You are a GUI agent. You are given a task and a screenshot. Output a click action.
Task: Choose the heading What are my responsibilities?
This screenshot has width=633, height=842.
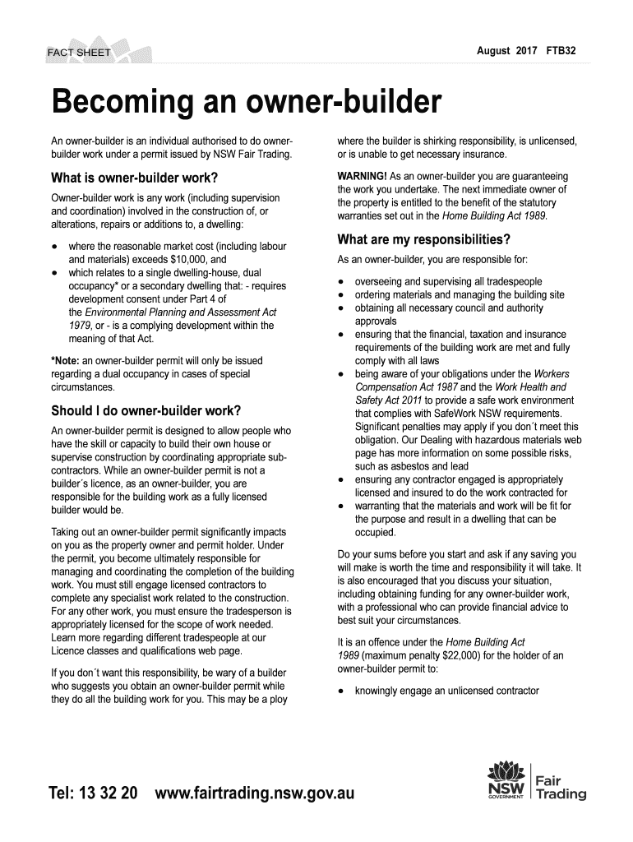tap(424, 240)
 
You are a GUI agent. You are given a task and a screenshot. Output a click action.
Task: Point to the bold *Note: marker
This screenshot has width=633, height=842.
tap(65, 360)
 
